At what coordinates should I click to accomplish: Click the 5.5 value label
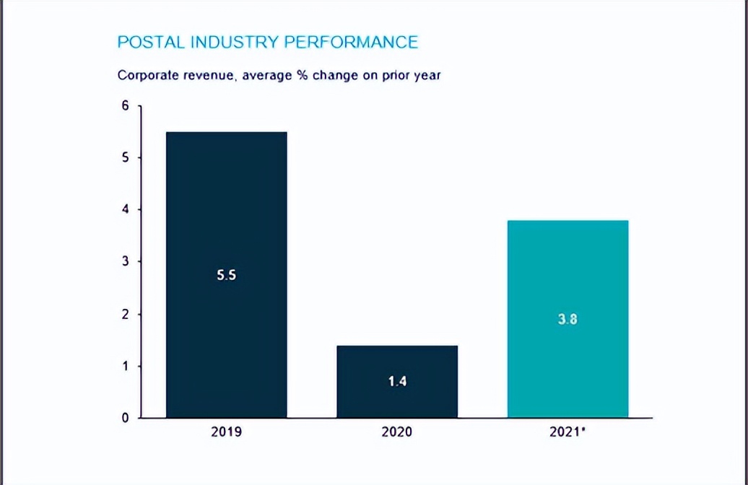[227, 275]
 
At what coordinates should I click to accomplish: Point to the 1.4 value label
[397, 381]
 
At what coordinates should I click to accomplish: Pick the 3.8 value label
[567, 319]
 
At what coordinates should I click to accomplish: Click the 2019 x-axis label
[227, 432]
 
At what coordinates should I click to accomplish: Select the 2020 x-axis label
[397, 432]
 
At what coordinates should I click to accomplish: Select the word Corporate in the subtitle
[144, 75]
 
